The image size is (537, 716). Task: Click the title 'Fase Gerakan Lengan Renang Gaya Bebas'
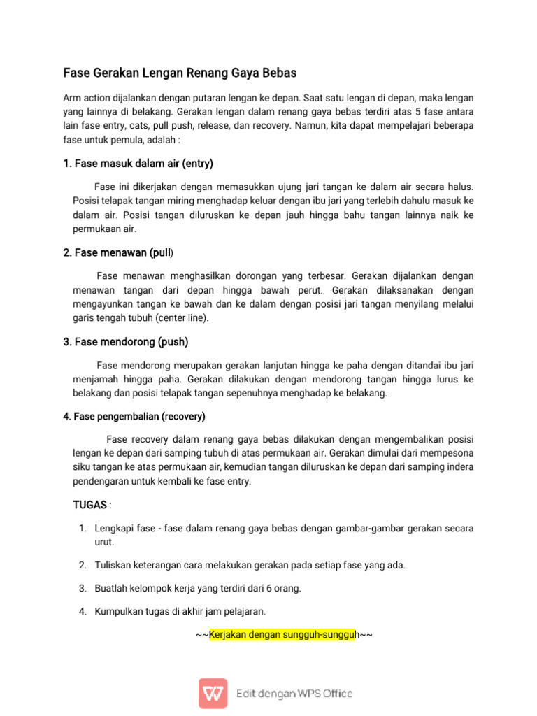point(180,73)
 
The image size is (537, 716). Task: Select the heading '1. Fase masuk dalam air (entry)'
point(138,164)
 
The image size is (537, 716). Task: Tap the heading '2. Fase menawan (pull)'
point(119,252)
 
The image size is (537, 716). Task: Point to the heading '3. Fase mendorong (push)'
point(126,342)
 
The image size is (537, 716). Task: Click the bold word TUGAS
point(90,505)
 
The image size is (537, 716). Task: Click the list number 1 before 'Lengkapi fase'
point(82,529)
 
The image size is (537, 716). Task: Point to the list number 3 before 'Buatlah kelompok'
point(82,588)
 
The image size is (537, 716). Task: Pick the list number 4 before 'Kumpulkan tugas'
point(82,612)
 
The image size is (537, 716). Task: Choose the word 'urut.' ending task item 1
point(104,542)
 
